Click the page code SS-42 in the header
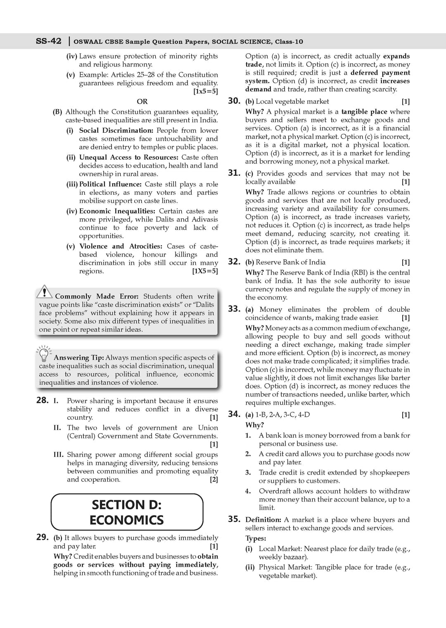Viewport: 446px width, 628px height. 49,41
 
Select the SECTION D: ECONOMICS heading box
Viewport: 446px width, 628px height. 127,512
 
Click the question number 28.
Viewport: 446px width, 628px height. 43,400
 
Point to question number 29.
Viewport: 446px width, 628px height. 43,537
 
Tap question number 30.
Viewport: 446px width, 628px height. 234,101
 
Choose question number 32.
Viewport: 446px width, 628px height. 234,262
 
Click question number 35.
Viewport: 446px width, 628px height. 234,519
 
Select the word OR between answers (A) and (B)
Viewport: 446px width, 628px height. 142,101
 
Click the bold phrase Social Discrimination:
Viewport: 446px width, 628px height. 116,130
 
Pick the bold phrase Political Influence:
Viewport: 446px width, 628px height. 110,184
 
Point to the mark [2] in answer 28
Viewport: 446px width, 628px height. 214,480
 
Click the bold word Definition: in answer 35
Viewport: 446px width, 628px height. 263,520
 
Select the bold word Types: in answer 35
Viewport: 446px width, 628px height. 256,538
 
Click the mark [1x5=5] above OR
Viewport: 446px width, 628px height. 205,91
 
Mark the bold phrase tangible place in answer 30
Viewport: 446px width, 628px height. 364,112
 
